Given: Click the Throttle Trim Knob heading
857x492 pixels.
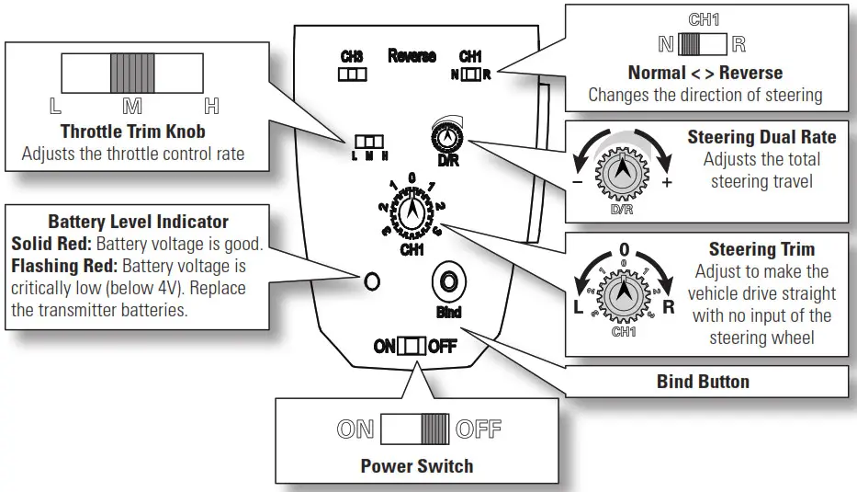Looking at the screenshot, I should coord(132,132).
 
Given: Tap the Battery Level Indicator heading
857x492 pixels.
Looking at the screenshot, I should coord(138,222).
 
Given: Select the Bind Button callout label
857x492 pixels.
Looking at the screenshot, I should coord(703,381).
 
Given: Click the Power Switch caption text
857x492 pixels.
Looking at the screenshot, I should coord(417,465).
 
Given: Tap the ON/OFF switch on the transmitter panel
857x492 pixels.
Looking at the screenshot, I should coord(414,347).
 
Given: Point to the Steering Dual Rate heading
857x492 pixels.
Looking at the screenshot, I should coord(761,137).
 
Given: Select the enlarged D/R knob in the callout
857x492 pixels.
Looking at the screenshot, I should coord(623,171).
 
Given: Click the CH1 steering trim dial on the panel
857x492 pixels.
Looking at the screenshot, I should coord(412,212).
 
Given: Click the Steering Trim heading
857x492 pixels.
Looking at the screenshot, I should coord(761,249).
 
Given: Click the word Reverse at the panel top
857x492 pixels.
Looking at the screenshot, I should coord(412,56).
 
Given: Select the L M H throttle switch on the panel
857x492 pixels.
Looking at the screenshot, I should coord(367,143).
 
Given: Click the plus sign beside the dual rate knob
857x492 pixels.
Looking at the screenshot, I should coord(667,182).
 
